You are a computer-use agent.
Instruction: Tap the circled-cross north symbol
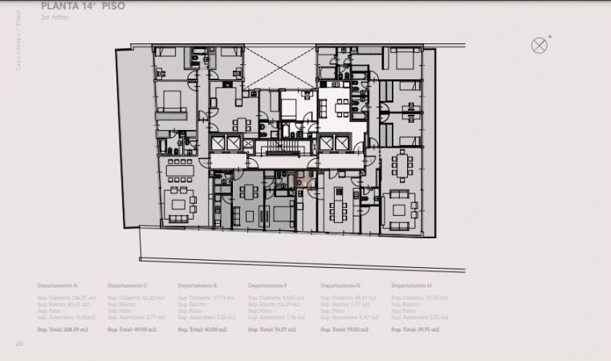pyautogui.click(x=540, y=45)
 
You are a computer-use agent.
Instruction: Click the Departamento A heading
pyautogui.click(x=58, y=286)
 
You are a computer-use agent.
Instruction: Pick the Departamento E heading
pyautogui.click(x=198, y=286)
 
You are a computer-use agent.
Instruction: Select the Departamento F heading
pyautogui.click(x=269, y=286)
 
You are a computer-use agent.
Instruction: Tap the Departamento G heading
pyautogui.click(x=340, y=286)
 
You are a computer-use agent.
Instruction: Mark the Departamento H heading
pyautogui.click(x=412, y=286)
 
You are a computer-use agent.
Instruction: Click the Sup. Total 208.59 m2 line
pyautogui.click(x=64, y=330)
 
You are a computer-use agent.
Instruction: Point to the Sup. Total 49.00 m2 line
pyautogui.click(x=132, y=330)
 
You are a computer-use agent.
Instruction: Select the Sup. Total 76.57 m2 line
pyautogui.click(x=273, y=330)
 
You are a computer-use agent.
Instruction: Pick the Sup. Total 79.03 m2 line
pyautogui.click(x=344, y=330)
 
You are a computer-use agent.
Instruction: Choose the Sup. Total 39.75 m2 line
pyautogui.click(x=416, y=330)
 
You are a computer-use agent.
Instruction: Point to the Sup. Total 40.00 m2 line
pyautogui.click(x=202, y=330)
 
